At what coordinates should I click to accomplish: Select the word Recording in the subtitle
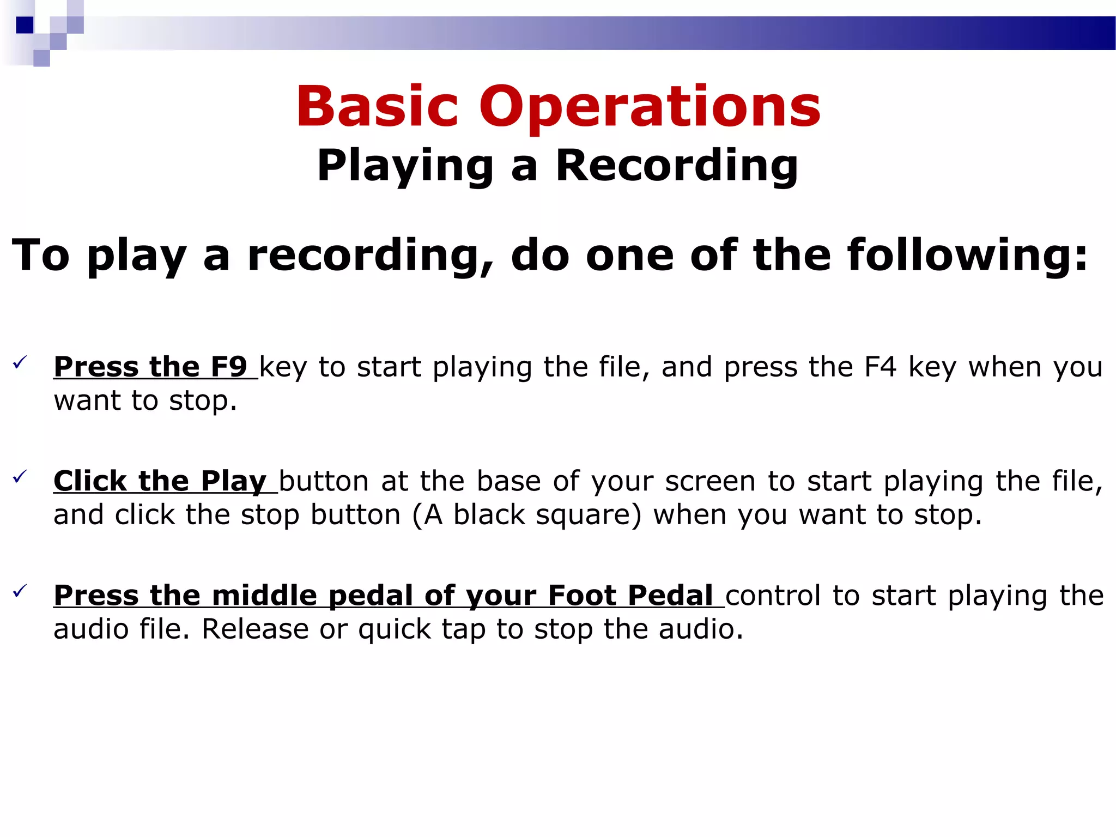[x=677, y=166]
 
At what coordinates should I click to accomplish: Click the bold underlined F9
[x=229, y=367]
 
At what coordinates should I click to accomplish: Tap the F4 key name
[x=880, y=367]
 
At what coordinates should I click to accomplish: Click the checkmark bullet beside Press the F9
[x=20, y=362]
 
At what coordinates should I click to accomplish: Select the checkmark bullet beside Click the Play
[x=20, y=477]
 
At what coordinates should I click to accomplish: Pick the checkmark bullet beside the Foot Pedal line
[x=20, y=591]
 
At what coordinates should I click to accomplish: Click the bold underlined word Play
[x=233, y=482]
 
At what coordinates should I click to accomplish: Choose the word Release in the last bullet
[x=254, y=629]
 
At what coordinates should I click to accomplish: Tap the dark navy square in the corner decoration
[x=25, y=25]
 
